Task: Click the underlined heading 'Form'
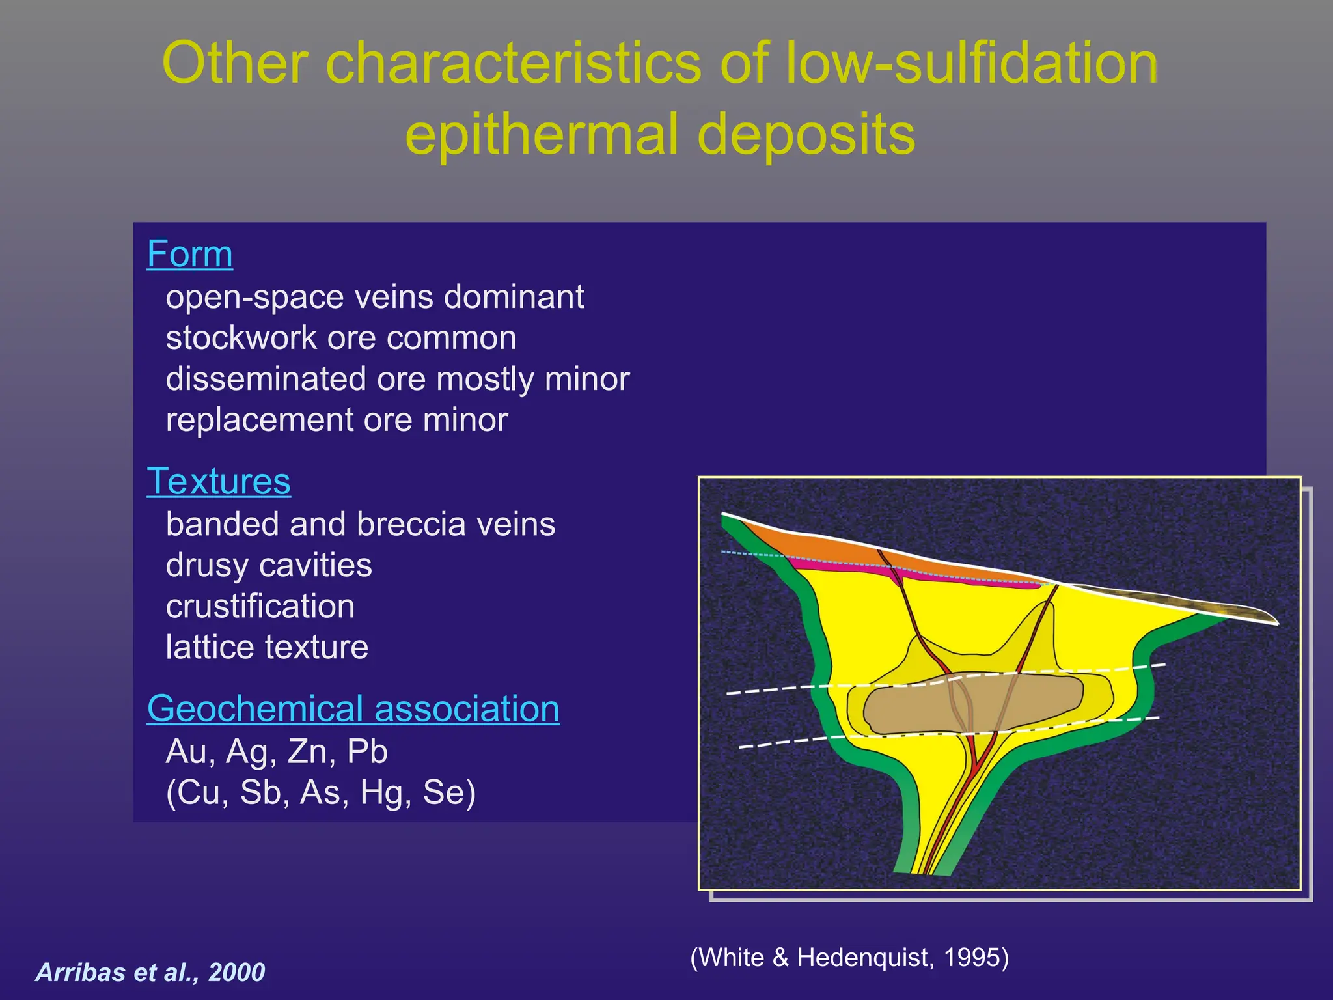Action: (x=189, y=254)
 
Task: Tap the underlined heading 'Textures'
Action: (x=219, y=482)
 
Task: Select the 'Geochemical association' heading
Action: (x=353, y=708)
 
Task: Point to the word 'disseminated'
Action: (x=266, y=379)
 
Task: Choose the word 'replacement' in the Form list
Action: (x=259, y=421)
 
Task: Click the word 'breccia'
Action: (x=403, y=525)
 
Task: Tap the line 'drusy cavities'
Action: (x=269, y=565)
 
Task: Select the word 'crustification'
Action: (x=260, y=606)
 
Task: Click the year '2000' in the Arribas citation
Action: (x=236, y=973)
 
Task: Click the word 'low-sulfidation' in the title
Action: (x=972, y=64)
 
